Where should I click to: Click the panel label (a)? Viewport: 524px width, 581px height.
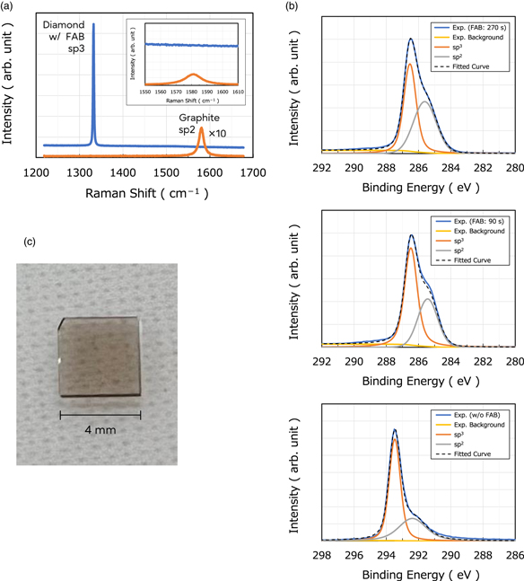pyautogui.click(x=10, y=7)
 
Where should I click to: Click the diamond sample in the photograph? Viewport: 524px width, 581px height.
pyautogui.click(x=100, y=359)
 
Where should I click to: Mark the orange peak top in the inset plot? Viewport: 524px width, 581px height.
pyautogui.click(x=194, y=75)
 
